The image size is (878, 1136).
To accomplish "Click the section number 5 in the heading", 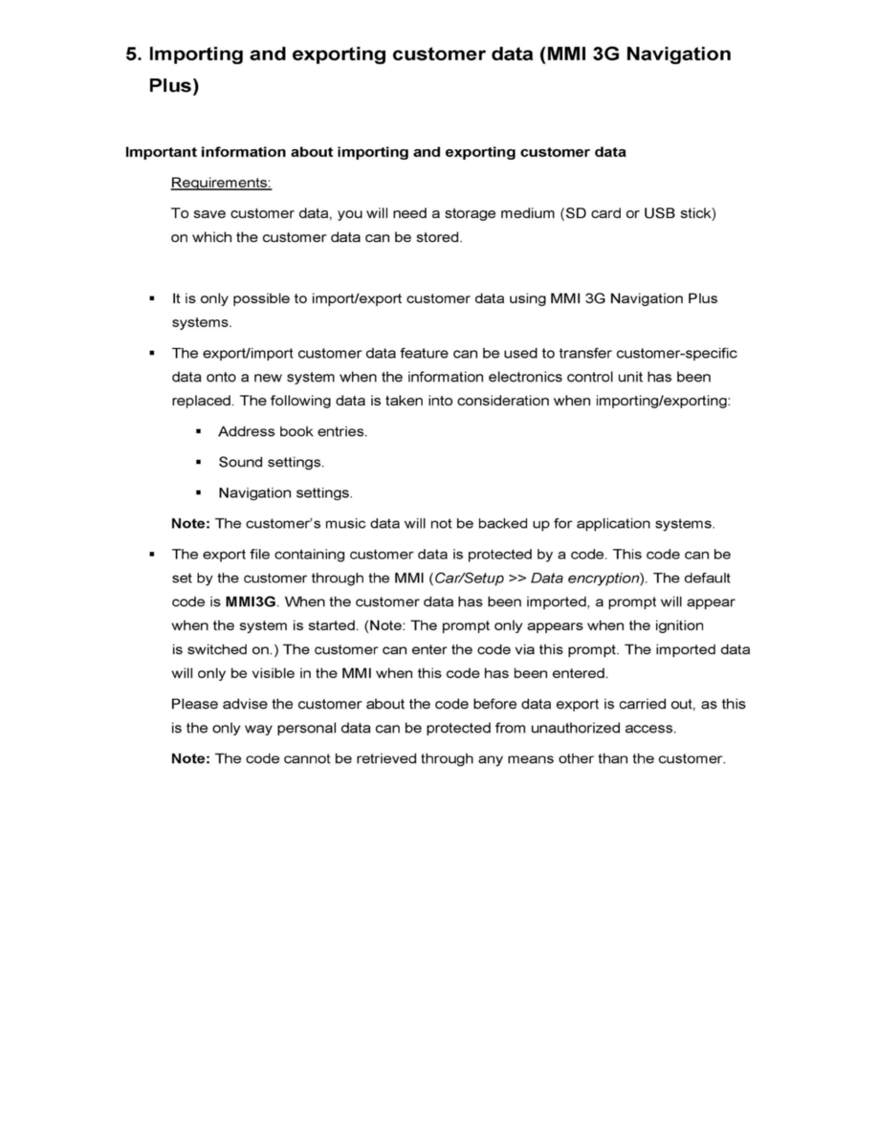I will coord(132,55).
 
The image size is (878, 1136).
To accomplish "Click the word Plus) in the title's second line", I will coord(174,86).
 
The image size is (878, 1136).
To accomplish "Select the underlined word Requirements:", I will coord(221,183).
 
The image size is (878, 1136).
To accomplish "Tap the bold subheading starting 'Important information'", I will coord(376,152).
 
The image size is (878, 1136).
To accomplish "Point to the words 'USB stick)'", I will coord(680,213).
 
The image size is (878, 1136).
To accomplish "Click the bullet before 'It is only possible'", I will coord(151,298).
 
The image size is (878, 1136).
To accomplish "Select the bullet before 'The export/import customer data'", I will coord(151,354).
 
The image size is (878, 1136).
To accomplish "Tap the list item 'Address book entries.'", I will coord(293,432).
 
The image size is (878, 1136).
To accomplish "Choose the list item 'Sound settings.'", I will coord(272,463).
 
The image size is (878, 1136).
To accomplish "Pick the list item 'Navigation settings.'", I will coord(285,493).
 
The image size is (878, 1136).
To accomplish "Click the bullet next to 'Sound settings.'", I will coord(198,463).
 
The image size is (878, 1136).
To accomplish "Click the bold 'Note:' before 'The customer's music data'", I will coord(191,524).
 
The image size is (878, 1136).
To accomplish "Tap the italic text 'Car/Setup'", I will coord(470,579).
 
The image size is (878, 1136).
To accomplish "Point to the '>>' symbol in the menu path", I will coord(516,579).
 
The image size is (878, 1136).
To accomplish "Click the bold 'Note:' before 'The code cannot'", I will coord(191,759).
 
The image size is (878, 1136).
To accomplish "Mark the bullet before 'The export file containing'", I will coord(151,555).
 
